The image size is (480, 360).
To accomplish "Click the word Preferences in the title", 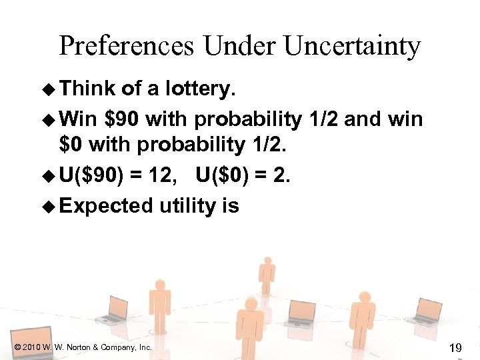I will (x=127, y=47).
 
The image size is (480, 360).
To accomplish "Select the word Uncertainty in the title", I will (x=353, y=47).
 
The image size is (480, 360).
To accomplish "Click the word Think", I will (x=87, y=89).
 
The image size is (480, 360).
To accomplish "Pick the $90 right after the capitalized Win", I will (x=123, y=120).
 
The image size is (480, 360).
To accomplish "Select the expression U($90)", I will (x=91, y=175).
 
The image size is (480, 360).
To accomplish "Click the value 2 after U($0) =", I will (x=279, y=175).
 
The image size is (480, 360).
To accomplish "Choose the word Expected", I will (x=107, y=207).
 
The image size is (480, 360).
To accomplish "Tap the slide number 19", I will (x=456, y=347).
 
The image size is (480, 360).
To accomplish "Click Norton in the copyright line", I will (x=79, y=347).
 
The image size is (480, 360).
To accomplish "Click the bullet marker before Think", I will (x=49, y=89).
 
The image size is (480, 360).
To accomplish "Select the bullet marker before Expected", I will (x=49, y=207).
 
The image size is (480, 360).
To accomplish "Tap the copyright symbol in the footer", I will (x=16, y=347).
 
